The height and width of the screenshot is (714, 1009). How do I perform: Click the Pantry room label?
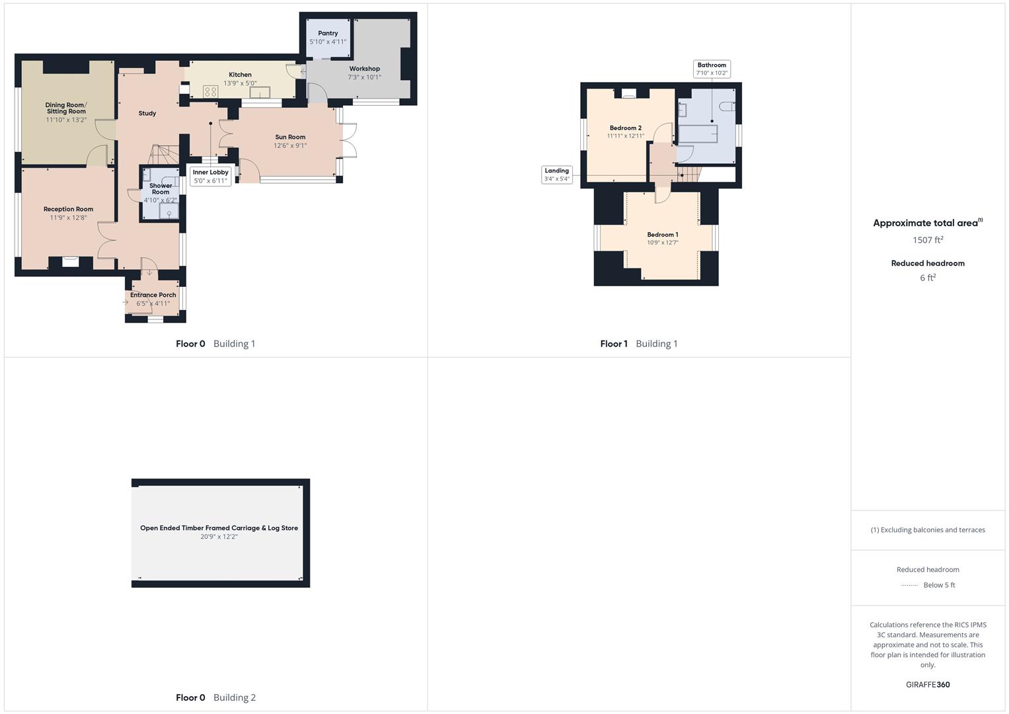(328, 33)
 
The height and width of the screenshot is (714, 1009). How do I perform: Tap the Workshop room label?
(364, 69)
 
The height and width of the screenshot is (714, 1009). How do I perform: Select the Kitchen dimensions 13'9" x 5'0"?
(240, 83)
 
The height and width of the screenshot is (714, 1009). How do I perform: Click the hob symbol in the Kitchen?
(211, 91)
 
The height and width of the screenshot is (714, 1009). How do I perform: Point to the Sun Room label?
(290, 137)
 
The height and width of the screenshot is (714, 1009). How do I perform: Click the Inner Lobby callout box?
(210, 177)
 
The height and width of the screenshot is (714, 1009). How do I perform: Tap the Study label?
(147, 113)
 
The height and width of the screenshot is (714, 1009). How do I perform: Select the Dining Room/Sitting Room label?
(66, 108)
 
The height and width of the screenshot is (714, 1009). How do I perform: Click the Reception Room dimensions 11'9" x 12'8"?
(68, 218)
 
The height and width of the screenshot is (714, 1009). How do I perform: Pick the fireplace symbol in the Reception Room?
(70, 262)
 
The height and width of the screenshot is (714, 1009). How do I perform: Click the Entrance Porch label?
(153, 295)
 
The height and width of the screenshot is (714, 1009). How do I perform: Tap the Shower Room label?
(161, 189)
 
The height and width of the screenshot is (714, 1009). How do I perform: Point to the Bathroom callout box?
(712, 69)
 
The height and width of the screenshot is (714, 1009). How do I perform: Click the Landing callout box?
(556, 175)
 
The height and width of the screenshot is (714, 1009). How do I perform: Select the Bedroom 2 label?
(625, 128)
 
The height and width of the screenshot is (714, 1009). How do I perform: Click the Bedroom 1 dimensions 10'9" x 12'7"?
(662, 243)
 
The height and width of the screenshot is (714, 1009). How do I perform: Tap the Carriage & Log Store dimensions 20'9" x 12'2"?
(219, 537)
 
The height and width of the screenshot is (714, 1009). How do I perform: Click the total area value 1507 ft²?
(928, 240)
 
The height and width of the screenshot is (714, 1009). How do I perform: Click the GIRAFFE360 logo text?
(928, 684)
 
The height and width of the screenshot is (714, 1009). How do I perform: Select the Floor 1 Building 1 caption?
(638, 344)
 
